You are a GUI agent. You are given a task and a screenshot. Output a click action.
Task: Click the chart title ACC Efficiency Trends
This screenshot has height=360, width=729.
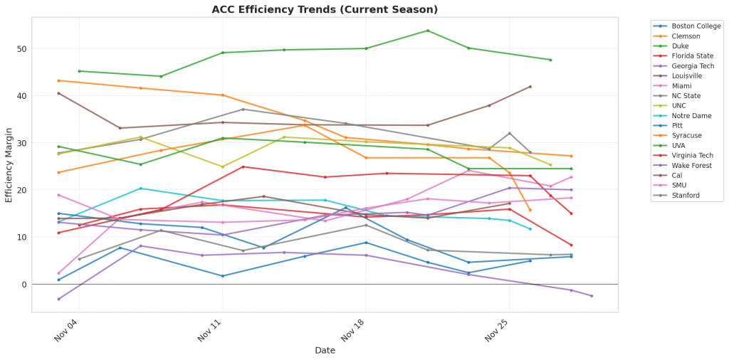[325, 9]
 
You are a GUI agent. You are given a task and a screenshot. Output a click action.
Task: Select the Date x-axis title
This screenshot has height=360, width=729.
[325, 350]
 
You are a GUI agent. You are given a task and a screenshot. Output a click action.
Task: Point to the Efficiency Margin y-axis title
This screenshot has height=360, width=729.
[9, 165]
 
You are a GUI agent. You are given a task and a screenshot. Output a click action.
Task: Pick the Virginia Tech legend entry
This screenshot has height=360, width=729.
[691, 156]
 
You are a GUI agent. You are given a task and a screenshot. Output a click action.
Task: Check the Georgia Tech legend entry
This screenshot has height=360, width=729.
[690, 66]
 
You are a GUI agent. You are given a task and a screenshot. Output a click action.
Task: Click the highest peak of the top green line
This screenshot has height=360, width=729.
[427, 31]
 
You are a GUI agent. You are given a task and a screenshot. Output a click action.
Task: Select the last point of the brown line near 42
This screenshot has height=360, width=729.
[530, 87]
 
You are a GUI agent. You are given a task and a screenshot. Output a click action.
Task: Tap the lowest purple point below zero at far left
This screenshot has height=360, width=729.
[58, 299]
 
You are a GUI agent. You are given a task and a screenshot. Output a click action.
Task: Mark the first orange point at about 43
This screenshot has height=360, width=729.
[58, 80]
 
